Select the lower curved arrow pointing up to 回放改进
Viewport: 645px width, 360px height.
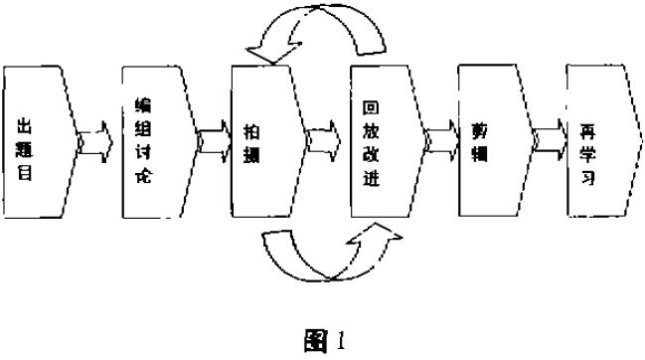pyautogui.click(x=328, y=253)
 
